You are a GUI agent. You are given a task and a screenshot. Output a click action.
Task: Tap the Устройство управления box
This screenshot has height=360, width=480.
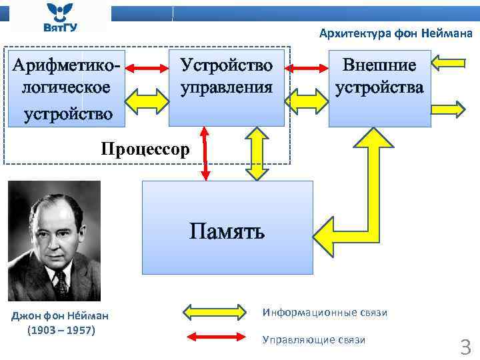point(227,77)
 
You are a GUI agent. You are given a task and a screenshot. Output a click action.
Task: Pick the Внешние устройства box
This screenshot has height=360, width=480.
point(379,77)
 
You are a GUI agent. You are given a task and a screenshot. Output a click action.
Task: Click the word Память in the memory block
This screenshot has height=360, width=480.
point(227,231)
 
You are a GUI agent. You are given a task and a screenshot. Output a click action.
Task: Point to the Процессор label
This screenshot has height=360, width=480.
point(145,147)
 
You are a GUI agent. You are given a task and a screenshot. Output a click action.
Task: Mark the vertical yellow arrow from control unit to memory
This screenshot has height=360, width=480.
point(255,154)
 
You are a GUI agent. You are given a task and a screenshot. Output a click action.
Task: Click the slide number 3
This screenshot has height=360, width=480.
point(465,347)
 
